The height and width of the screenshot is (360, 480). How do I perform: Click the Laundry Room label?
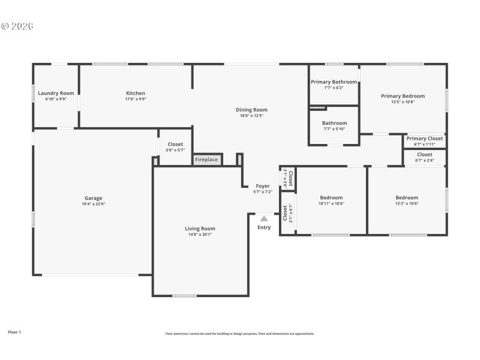pos(56,93)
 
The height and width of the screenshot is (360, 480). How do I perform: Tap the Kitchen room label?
pos(135,93)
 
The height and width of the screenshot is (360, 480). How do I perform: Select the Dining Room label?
pos(251,110)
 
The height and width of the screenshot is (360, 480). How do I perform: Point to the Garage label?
pos(93,198)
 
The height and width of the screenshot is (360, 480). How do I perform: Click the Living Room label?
pos(199,229)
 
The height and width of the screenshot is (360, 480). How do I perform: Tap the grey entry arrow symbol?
pos(264,219)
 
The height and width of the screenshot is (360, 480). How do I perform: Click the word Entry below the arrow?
pos(264,227)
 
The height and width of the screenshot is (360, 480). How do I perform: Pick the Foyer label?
pos(263,186)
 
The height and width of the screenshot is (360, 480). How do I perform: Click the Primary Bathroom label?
pos(334,82)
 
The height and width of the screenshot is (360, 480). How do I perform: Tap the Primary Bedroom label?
pos(403,96)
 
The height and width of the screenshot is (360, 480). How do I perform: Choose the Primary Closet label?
pos(424,139)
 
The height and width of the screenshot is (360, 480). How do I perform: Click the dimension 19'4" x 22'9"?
pos(93,204)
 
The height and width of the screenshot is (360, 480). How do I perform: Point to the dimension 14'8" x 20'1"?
pos(199,235)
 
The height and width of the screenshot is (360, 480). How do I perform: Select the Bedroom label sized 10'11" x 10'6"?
pos(331,197)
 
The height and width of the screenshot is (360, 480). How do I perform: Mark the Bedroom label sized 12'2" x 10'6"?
pos(407,197)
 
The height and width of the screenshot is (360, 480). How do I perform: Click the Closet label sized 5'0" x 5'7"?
pos(175,144)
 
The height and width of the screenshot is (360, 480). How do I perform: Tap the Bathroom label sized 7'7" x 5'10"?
pos(334,123)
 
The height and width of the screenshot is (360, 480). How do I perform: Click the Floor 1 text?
pos(14,332)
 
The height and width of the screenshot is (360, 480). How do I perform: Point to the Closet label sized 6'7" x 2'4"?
pos(424,155)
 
